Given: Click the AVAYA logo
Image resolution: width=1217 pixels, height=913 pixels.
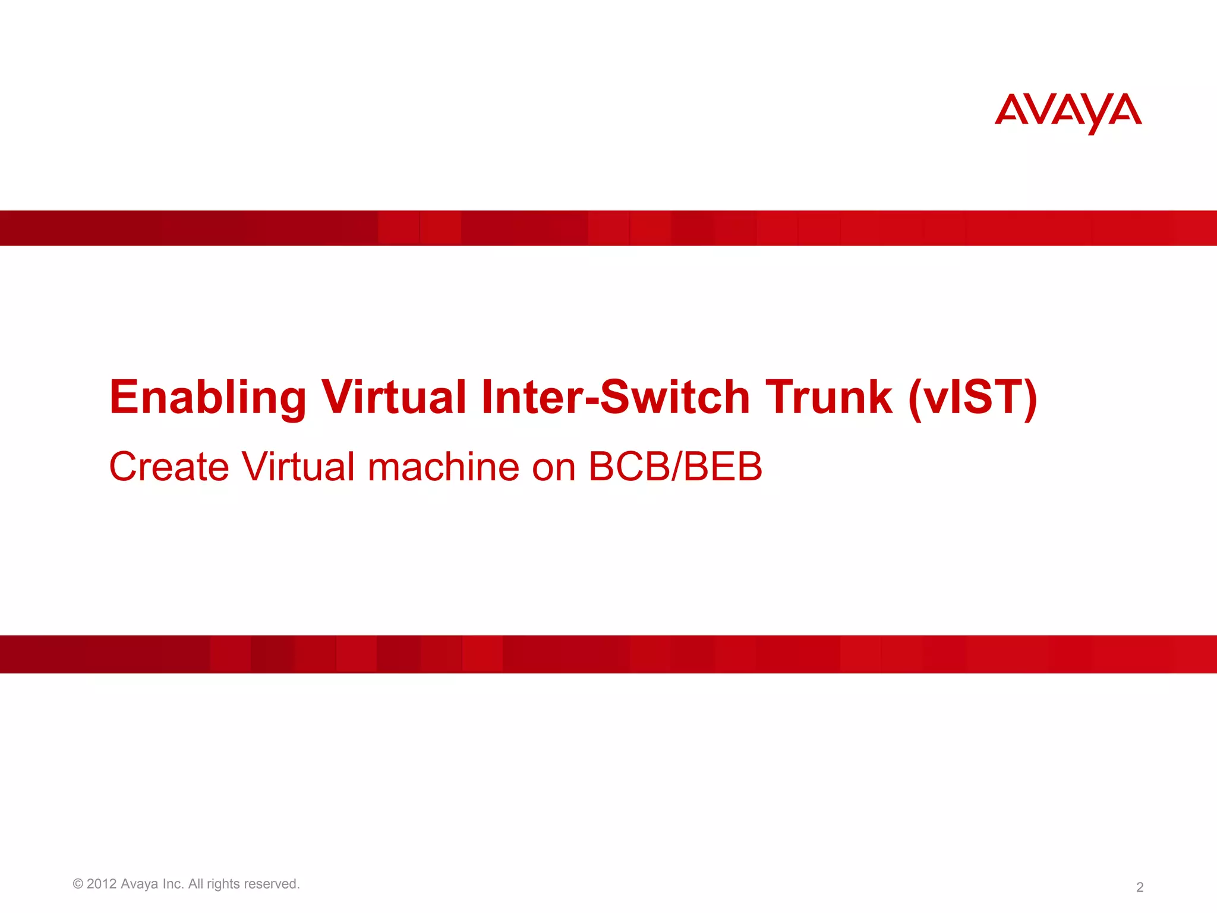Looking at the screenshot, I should tap(1068, 112).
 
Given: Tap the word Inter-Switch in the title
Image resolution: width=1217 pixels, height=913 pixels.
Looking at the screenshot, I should tap(616, 397).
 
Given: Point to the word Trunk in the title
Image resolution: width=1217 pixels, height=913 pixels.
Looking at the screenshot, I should tap(828, 397).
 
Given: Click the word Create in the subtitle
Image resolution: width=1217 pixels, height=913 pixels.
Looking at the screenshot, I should tap(169, 467).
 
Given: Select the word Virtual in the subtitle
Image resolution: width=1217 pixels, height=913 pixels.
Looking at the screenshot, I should tap(298, 467).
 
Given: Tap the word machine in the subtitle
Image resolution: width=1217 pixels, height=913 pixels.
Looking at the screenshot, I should tap(443, 467).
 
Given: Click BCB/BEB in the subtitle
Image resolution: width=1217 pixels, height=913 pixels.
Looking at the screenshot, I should tap(675, 467).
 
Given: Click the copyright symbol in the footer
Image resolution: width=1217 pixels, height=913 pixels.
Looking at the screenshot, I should tap(78, 884).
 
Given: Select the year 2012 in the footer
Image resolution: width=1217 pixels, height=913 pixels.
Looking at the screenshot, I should tap(102, 884).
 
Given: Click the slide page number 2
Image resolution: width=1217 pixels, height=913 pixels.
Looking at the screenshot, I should tap(1140, 887).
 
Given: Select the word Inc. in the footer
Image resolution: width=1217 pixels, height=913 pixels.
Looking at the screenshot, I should tap(173, 884).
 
